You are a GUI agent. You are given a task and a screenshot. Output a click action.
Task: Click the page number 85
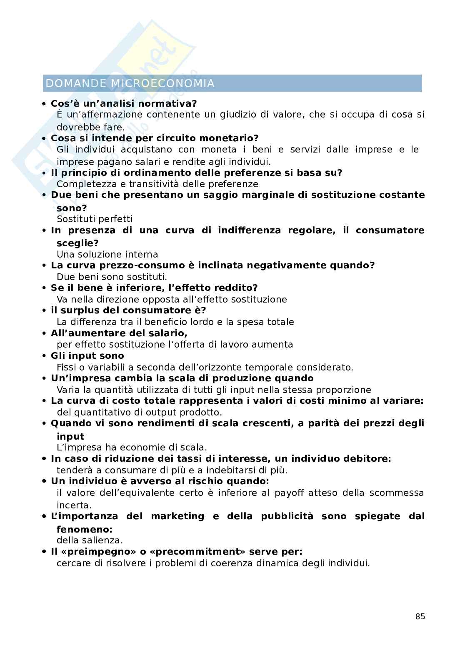pyautogui.click(x=420, y=617)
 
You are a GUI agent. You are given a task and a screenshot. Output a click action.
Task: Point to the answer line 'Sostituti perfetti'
pyautogui.click(x=95, y=219)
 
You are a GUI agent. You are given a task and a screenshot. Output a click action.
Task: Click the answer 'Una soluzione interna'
pyautogui.click(x=107, y=254)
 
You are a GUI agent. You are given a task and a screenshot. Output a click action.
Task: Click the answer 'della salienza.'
pyautogui.click(x=90, y=540)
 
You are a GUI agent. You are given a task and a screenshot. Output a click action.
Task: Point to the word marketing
pyautogui.click(x=177, y=516)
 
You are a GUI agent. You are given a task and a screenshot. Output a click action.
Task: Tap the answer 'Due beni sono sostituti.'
pyautogui.click(x=112, y=277)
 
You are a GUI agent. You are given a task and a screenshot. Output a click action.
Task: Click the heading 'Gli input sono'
pyautogui.click(x=87, y=356)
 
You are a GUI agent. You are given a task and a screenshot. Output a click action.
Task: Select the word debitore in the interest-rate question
pyautogui.click(x=368, y=459)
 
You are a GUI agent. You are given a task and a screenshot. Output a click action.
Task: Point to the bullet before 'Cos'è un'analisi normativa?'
pyautogui.click(x=44, y=104)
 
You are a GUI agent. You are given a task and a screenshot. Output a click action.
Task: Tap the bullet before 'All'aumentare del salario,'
pyautogui.click(x=44, y=334)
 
